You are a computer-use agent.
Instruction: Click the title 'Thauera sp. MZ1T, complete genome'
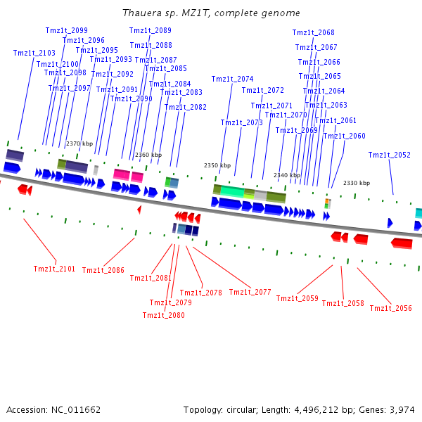[x=211, y=13]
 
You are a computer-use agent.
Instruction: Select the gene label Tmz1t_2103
[x=34, y=53]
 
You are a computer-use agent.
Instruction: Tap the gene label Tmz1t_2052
[x=389, y=155]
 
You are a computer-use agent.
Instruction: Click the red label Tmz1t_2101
[x=54, y=269]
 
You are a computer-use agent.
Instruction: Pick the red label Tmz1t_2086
[x=103, y=270]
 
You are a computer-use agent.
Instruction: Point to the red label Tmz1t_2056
[x=390, y=308]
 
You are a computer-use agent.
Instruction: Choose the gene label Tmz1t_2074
[x=232, y=79]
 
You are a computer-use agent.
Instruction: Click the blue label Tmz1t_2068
[x=313, y=33]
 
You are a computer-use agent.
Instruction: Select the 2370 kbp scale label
[x=79, y=143]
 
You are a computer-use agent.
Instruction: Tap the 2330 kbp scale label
[x=357, y=183]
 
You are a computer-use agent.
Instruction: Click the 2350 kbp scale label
[x=217, y=165]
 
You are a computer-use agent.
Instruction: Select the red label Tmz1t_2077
[x=250, y=292]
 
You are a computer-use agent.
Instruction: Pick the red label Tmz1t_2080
[x=163, y=315]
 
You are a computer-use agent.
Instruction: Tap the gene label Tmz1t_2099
[x=67, y=30]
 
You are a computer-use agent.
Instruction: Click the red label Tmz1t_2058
[x=343, y=303]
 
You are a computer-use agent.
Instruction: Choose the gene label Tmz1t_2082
[x=186, y=107]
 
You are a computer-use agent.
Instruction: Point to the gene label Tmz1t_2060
[x=345, y=136]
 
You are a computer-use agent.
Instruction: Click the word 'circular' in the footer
[x=243, y=409]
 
